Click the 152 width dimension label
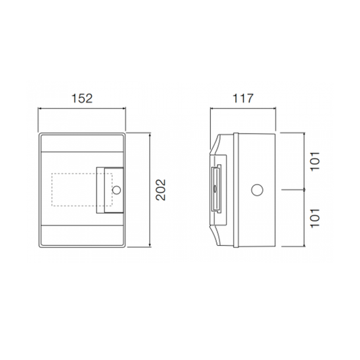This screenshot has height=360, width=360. pyautogui.click(x=82, y=98)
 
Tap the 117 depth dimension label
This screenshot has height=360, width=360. pyautogui.click(x=245, y=98)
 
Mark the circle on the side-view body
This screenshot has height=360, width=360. pyautogui.click(x=257, y=190)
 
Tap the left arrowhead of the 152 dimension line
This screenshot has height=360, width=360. pyautogui.click(x=40, y=108)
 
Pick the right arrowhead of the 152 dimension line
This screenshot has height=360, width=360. pyautogui.click(x=124, y=108)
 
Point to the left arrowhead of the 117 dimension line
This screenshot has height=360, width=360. pyautogui.click(x=212, y=108)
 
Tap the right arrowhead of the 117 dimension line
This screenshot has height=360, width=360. pyautogui.click(x=276, y=108)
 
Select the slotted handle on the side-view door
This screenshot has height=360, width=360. pyautogui.click(x=215, y=190)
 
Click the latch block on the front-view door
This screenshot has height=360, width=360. pyautogui.click(x=109, y=190)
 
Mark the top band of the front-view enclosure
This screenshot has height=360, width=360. pyautogui.click(x=82, y=143)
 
